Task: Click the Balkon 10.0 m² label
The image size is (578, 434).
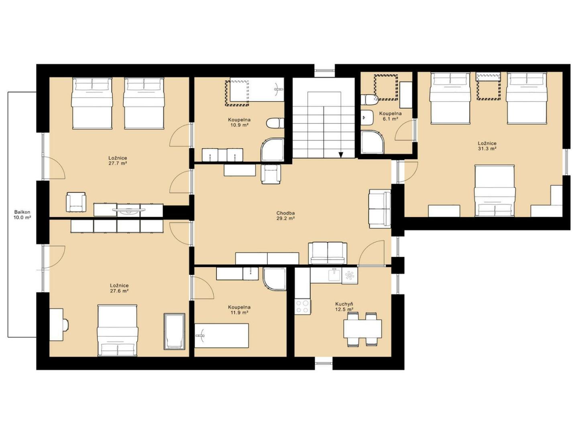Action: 22,215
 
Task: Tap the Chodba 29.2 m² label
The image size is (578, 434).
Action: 285,215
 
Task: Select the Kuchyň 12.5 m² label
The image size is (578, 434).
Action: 344,307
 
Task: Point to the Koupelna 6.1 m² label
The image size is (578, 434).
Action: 390,116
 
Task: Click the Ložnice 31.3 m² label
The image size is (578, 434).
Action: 487,146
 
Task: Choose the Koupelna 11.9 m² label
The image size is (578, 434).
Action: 239,309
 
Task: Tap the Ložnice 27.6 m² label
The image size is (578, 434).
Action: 119,288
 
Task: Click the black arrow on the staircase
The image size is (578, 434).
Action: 341,155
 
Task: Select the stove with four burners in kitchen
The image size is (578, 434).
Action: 303,307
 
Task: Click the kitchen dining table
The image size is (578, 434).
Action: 362,329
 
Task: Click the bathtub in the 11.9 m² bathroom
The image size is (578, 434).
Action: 222,336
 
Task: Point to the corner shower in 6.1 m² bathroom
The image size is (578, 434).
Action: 372,142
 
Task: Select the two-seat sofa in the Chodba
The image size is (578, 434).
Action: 328,253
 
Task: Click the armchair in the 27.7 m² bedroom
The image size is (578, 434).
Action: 76,202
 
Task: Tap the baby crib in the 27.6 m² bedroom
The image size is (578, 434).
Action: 174,331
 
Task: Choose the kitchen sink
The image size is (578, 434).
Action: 334,274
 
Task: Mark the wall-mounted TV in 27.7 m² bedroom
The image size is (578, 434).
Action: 129,210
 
